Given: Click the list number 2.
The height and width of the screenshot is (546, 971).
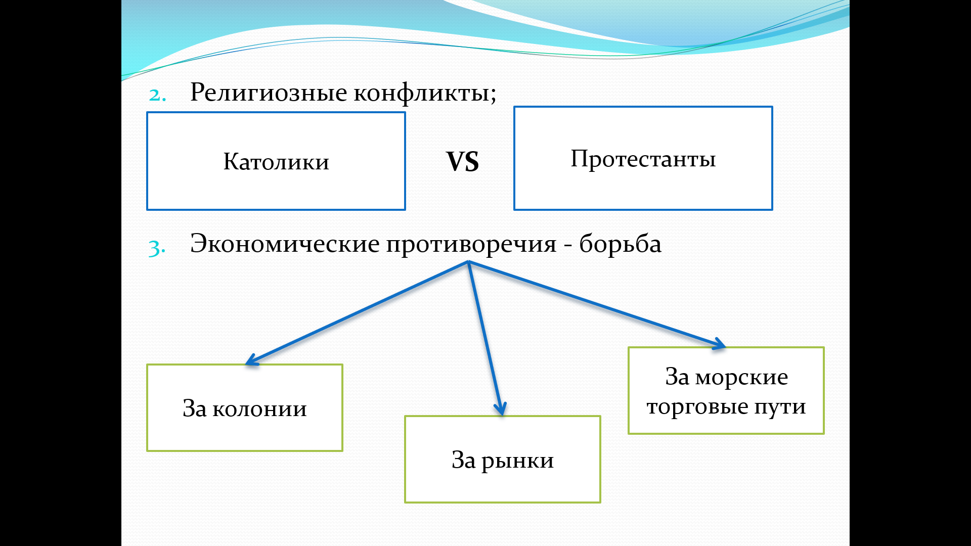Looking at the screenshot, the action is click(157, 95).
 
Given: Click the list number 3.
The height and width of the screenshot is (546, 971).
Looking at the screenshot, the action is click(157, 248).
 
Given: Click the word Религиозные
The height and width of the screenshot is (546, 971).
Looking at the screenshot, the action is click(269, 93).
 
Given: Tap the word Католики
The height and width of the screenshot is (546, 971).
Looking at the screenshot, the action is click(276, 162).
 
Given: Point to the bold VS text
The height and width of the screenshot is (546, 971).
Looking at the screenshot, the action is click(462, 162).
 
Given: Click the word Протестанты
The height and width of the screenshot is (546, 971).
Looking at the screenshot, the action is click(643, 159).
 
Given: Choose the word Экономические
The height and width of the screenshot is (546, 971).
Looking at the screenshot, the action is click(285, 244).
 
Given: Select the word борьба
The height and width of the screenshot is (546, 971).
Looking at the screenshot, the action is click(620, 243).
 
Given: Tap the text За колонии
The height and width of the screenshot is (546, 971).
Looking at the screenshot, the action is click(245, 408).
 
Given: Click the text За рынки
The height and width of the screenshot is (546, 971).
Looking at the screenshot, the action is click(503, 461).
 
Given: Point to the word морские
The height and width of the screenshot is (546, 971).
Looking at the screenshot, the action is click(741, 378).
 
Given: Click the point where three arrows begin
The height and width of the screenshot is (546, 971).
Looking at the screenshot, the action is click(468, 262).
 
